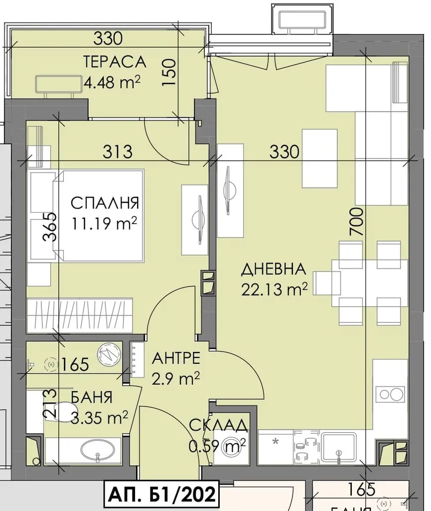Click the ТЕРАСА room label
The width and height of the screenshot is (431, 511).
click(x=115, y=61)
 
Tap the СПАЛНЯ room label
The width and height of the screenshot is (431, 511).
click(x=105, y=203)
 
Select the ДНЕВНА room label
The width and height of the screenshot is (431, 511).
click(x=274, y=269)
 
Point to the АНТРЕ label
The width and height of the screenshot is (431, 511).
click(x=176, y=358)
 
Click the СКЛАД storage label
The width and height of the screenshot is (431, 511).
click(x=218, y=425)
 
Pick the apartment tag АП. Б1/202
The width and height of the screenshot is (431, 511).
click(x=161, y=494)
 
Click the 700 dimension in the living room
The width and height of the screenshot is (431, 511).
click(x=356, y=222)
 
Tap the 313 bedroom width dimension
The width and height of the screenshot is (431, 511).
click(x=118, y=152)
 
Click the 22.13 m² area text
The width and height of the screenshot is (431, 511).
click(x=274, y=289)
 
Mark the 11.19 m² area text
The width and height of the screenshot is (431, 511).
click(x=104, y=223)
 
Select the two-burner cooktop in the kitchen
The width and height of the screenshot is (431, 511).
click(x=390, y=394)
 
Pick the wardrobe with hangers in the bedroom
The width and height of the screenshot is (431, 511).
click(x=80, y=315)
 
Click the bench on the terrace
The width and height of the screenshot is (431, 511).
click(x=58, y=85)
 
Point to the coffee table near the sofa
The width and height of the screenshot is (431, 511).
click(x=319, y=158)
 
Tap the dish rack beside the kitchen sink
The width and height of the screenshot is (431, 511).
click(x=306, y=447)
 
